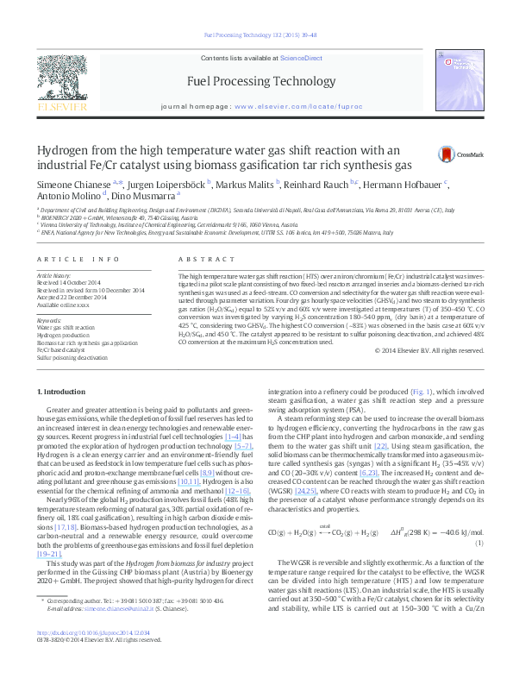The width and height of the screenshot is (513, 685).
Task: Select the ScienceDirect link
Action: [x=302, y=58]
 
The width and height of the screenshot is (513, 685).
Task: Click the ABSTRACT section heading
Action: [x=194, y=259]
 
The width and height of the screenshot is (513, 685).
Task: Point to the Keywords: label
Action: [x=49, y=320]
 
